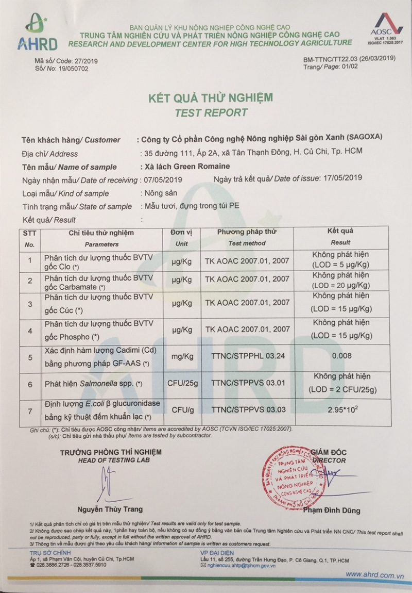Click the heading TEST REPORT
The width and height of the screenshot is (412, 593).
pos(211,112)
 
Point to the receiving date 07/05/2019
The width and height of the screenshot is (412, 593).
pos(160,179)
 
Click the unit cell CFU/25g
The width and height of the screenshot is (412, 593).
pos(182,383)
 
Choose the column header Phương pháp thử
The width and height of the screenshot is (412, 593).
pos(247,232)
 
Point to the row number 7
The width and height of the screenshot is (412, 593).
pos(30,411)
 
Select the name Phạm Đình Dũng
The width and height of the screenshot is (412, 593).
pos(331,510)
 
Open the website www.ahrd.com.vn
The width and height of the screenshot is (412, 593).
pos(374,574)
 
